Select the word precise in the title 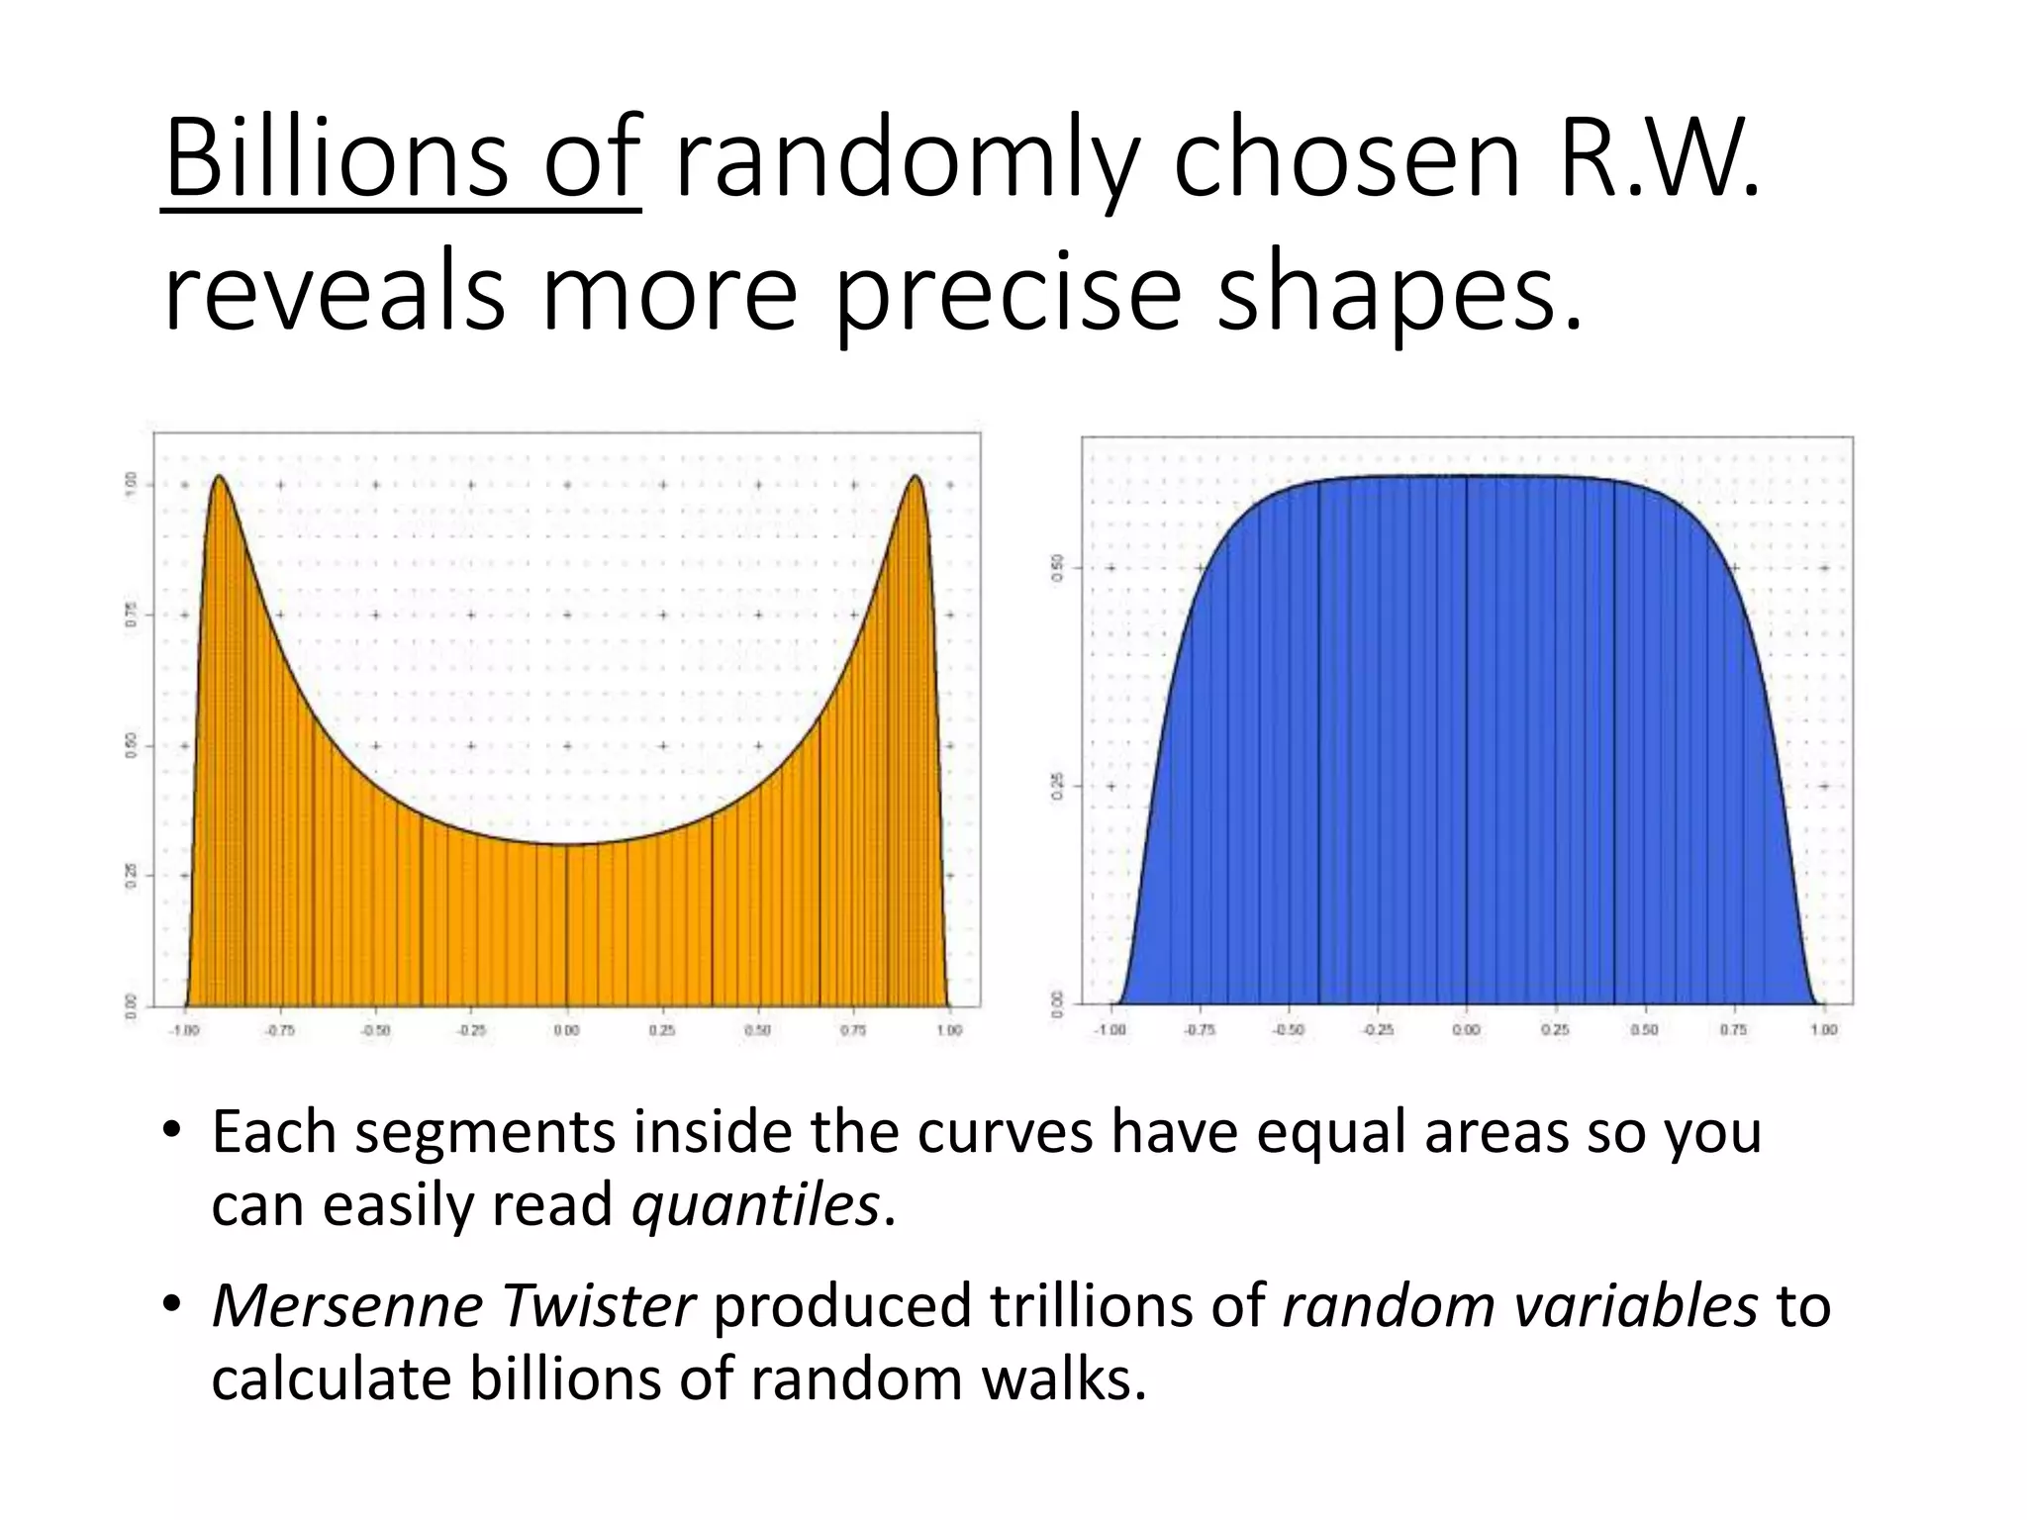1008,292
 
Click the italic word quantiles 755,1205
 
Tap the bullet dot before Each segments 171,1131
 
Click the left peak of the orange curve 219,478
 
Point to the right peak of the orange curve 916,478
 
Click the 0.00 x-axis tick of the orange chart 566,1030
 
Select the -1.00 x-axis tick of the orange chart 184,1030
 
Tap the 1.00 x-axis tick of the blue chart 1823,1030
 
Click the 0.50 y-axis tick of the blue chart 1057,568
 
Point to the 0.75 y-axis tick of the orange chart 130,615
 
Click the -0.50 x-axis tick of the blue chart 1288,1030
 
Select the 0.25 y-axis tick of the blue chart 1057,787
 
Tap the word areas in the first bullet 1496,1131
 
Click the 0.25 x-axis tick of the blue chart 1555,1030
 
